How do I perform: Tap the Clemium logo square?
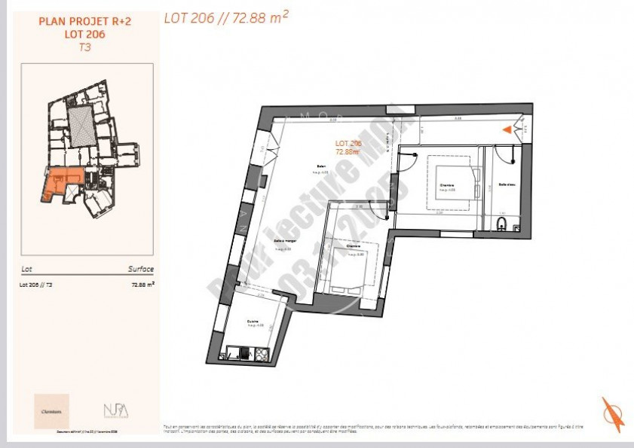[x=51, y=411]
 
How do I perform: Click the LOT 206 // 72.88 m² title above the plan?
[x=226, y=17]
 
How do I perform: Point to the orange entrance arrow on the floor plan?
[x=507, y=130]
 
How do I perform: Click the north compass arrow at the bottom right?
[x=612, y=414]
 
